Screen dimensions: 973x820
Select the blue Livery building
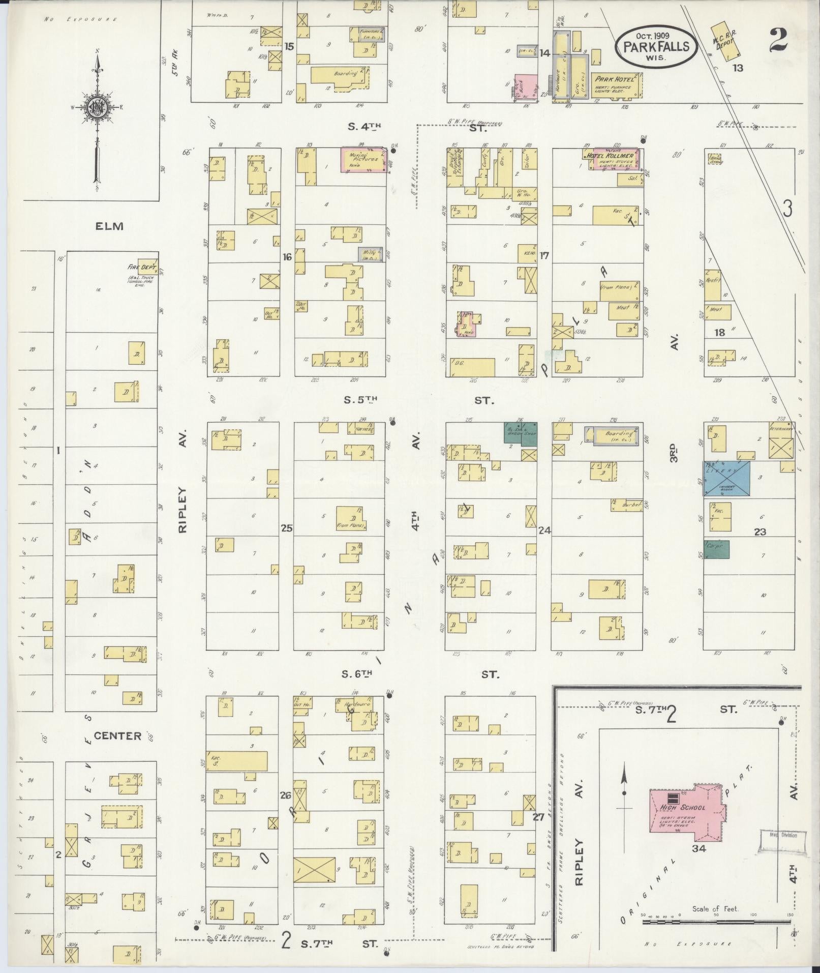(x=726, y=479)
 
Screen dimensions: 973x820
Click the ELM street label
(x=109, y=226)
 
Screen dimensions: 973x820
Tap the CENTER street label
(x=117, y=735)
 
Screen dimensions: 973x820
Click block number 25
(x=287, y=528)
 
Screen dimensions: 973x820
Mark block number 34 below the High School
(x=698, y=848)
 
